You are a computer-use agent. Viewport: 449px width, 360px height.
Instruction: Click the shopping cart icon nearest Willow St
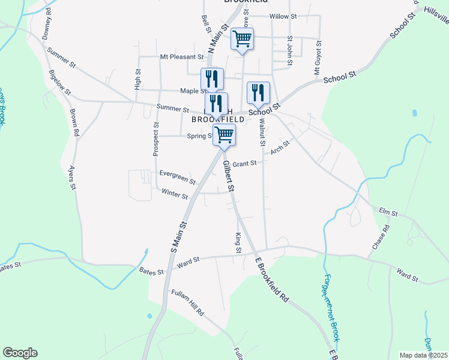click(x=242, y=39)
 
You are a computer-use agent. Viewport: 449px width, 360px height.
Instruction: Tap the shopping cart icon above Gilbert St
click(x=224, y=134)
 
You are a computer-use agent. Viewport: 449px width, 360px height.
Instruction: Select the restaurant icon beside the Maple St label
click(x=212, y=79)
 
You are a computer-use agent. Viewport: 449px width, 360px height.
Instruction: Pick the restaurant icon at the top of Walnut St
click(x=258, y=92)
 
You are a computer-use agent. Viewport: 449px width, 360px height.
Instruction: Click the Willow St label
click(x=283, y=16)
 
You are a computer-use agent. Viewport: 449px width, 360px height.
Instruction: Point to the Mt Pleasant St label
click(x=182, y=57)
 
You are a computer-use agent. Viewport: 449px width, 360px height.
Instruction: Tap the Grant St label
click(x=244, y=163)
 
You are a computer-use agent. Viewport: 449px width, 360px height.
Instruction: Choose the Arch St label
click(x=280, y=147)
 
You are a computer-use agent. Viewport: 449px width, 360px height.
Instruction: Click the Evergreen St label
click(x=177, y=176)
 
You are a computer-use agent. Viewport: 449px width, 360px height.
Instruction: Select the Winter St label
click(x=175, y=194)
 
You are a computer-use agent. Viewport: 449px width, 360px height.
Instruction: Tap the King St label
click(x=238, y=242)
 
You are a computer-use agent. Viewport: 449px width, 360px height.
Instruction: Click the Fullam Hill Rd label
click(x=187, y=304)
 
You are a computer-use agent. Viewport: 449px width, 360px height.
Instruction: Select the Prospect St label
click(x=156, y=140)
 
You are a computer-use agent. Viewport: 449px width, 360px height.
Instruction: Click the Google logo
click(x=20, y=353)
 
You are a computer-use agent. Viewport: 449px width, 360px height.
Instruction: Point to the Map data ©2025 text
click(x=423, y=355)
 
